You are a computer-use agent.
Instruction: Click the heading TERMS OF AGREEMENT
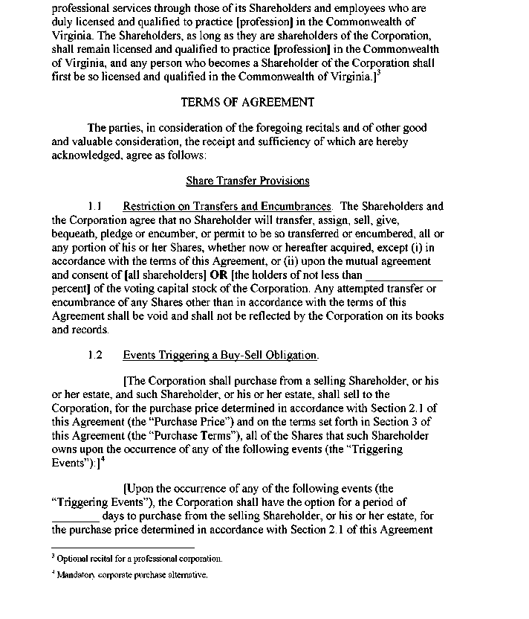tap(247, 102)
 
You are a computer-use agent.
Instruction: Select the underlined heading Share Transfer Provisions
tap(247, 181)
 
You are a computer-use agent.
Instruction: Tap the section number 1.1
tap(94, 206)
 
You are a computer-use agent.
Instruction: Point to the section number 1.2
tap(94, 355)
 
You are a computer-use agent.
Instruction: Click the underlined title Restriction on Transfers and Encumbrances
tap(227, 206)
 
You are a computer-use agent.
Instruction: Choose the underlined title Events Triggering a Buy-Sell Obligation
tap(220, 355)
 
